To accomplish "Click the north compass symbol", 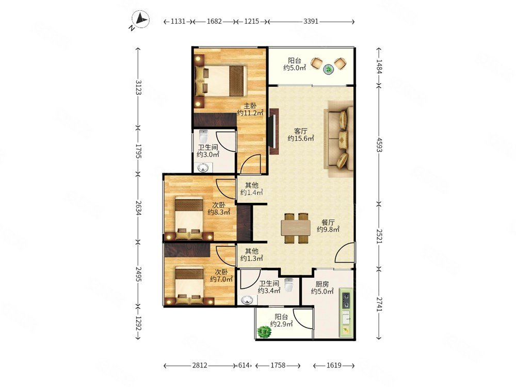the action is [x=140, y=20].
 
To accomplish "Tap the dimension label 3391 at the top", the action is [x=311, y=21].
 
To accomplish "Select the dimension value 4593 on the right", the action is [x=379, y=144].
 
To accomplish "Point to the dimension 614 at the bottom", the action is [x=244, y=365].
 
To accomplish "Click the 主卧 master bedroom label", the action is [x=250, y=106].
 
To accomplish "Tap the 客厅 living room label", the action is [x=301, y=131].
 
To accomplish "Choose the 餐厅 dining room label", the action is [x=328, y=222].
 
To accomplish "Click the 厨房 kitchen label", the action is [x=322, y=284].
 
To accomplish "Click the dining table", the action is [x=296, y=228].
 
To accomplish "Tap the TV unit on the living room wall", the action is [x=274, y=132].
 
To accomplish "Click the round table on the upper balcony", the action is [x=329, y=69].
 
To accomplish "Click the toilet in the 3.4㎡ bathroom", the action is [x=288, y=285].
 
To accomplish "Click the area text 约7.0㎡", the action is [x=221, y=279].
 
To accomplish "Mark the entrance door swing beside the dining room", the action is [x=345, y=252].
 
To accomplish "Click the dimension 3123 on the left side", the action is [x=138, y=87].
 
